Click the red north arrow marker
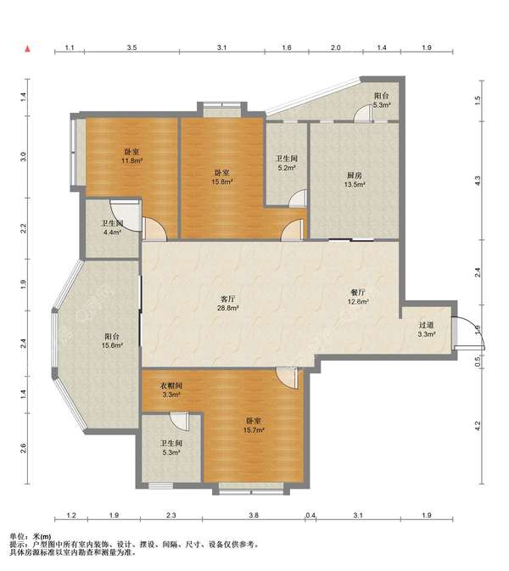point(27,49)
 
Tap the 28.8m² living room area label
point(228,304)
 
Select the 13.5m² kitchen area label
point(355,180)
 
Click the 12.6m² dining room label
point(358,297)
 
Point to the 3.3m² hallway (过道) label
point(427,329)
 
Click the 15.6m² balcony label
point(112,341)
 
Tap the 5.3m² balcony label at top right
point(381,100)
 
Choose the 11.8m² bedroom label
point(131,156)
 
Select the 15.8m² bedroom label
point(222,177)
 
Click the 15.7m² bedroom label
point(254,425)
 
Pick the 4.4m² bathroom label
point(112,227)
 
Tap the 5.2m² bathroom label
point(287,163)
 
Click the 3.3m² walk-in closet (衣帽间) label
point(171,389)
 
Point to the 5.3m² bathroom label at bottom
point(171,448)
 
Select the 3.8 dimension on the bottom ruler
point(254,515)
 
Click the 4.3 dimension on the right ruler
point(478,180)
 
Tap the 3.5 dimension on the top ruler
point(131,48)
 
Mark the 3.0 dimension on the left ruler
point(24,157)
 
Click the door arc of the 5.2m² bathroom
point(297,197)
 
